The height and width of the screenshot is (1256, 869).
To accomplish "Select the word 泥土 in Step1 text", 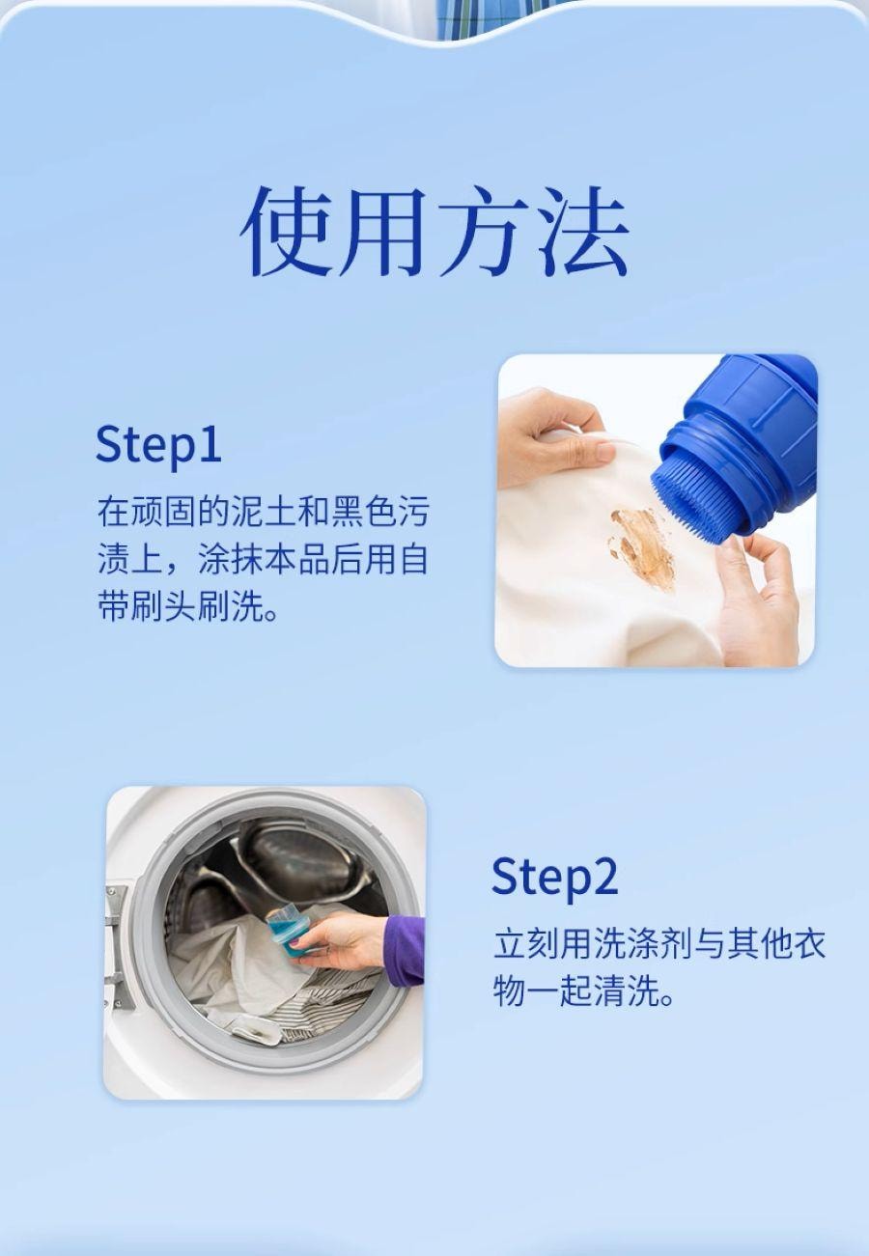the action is click(264, 511).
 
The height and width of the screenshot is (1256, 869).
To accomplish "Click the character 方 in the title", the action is click(484, 231).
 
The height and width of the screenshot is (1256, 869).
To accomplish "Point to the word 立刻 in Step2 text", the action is click(526, 943).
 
